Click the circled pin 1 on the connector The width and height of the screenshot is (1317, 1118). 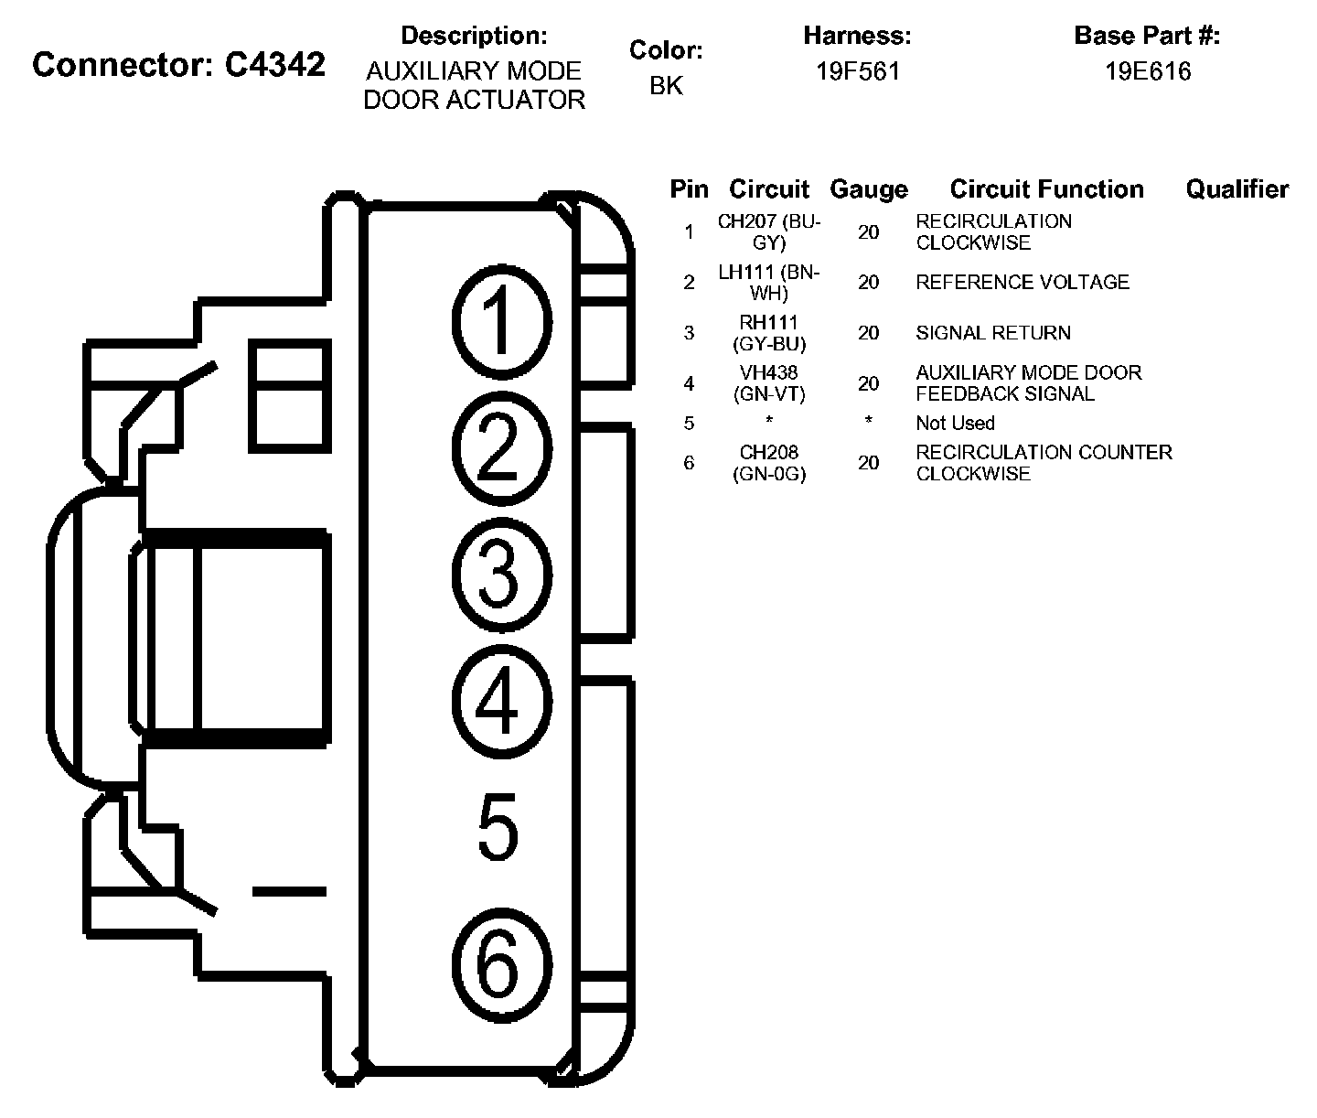coord(501,321)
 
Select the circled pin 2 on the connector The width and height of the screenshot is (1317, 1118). coord(501,447)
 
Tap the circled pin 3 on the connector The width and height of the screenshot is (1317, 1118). coord(501,575)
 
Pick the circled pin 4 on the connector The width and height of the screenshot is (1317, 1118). coord(501,702)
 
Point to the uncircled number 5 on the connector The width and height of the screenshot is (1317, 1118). coord(498,828)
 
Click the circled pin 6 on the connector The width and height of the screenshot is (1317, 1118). coord(501,962)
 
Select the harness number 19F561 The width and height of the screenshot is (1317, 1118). coord(858,71)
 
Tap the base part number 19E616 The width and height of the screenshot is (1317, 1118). coord(1148,71)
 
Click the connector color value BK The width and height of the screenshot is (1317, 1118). coord(666,85)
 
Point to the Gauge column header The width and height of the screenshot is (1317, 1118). coord(869,189)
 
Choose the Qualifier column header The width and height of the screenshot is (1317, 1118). coord(1237,189)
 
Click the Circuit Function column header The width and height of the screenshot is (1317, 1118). coord(1046,189)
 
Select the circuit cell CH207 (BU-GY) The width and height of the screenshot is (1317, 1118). coord(769,232)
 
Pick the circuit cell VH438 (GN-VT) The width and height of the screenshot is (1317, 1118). coord(769,383)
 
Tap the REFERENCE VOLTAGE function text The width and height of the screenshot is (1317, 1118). coord(1023,282)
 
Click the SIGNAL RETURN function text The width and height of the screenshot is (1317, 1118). coord(993,333)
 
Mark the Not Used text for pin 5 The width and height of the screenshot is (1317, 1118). coord(955,423)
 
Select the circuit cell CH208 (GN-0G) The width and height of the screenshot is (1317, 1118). coord(769,463)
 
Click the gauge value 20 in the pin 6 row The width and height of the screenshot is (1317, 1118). coord(868,463)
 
